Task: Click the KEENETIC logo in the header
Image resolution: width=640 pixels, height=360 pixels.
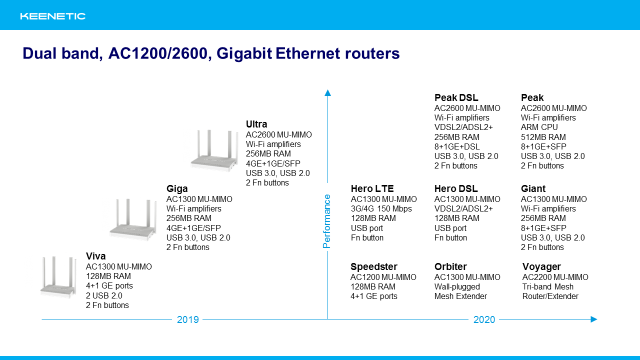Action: pos(53,16)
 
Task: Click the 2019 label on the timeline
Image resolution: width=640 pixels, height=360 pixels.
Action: pos(187,319)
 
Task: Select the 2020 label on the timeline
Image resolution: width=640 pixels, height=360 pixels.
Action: pos(484,319)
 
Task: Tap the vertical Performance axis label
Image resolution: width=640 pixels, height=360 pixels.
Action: pos(326,221)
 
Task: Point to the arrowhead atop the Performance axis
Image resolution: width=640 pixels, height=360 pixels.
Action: pos(327,93)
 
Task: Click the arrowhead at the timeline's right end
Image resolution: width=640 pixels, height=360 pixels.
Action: pos(593,319)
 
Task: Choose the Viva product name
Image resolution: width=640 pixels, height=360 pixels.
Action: pos(95,256)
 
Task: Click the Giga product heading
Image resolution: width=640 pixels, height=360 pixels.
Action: pos(177,188)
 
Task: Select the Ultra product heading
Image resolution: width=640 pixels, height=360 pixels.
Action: pos(256,124)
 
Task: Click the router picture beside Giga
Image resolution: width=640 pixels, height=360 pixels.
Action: pos(133,219)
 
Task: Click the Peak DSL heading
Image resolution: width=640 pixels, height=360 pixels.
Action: pos(456,97)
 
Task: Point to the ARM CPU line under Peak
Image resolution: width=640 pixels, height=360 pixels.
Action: pos(539,127)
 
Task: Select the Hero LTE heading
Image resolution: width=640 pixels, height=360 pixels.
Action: pos(372,188)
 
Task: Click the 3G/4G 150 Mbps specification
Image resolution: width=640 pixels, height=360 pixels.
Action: pos(381,209)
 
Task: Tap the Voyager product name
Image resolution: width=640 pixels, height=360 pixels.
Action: pos(541,267)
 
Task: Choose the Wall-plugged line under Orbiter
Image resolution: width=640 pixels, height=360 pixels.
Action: pos(457,287)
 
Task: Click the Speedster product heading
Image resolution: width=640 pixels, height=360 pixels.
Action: pos(373,267)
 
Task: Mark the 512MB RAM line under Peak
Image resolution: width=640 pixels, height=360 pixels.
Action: pos(543,137)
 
